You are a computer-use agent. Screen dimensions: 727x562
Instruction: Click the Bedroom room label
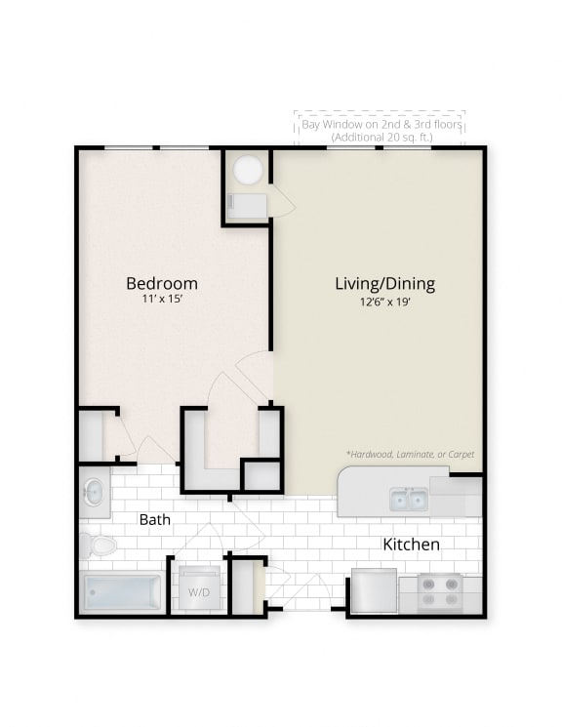click(162, 283)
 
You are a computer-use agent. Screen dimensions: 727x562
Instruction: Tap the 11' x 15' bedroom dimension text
click(162, 302)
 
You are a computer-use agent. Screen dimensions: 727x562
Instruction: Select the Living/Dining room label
click(384, 284)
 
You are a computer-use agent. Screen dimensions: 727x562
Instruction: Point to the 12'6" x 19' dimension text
click(384, 302)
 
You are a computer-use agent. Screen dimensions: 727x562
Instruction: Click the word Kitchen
click(411, 544)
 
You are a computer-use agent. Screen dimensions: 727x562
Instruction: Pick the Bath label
click(155, 519)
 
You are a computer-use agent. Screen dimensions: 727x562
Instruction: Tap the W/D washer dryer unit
click(198, 591)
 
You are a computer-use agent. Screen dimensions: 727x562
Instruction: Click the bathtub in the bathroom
click(122, 592)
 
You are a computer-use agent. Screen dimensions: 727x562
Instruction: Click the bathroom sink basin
click(94, 493)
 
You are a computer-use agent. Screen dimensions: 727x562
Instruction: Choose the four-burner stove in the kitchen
click(439, 592)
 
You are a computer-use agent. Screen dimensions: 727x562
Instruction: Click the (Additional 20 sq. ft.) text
click(381, 139)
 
